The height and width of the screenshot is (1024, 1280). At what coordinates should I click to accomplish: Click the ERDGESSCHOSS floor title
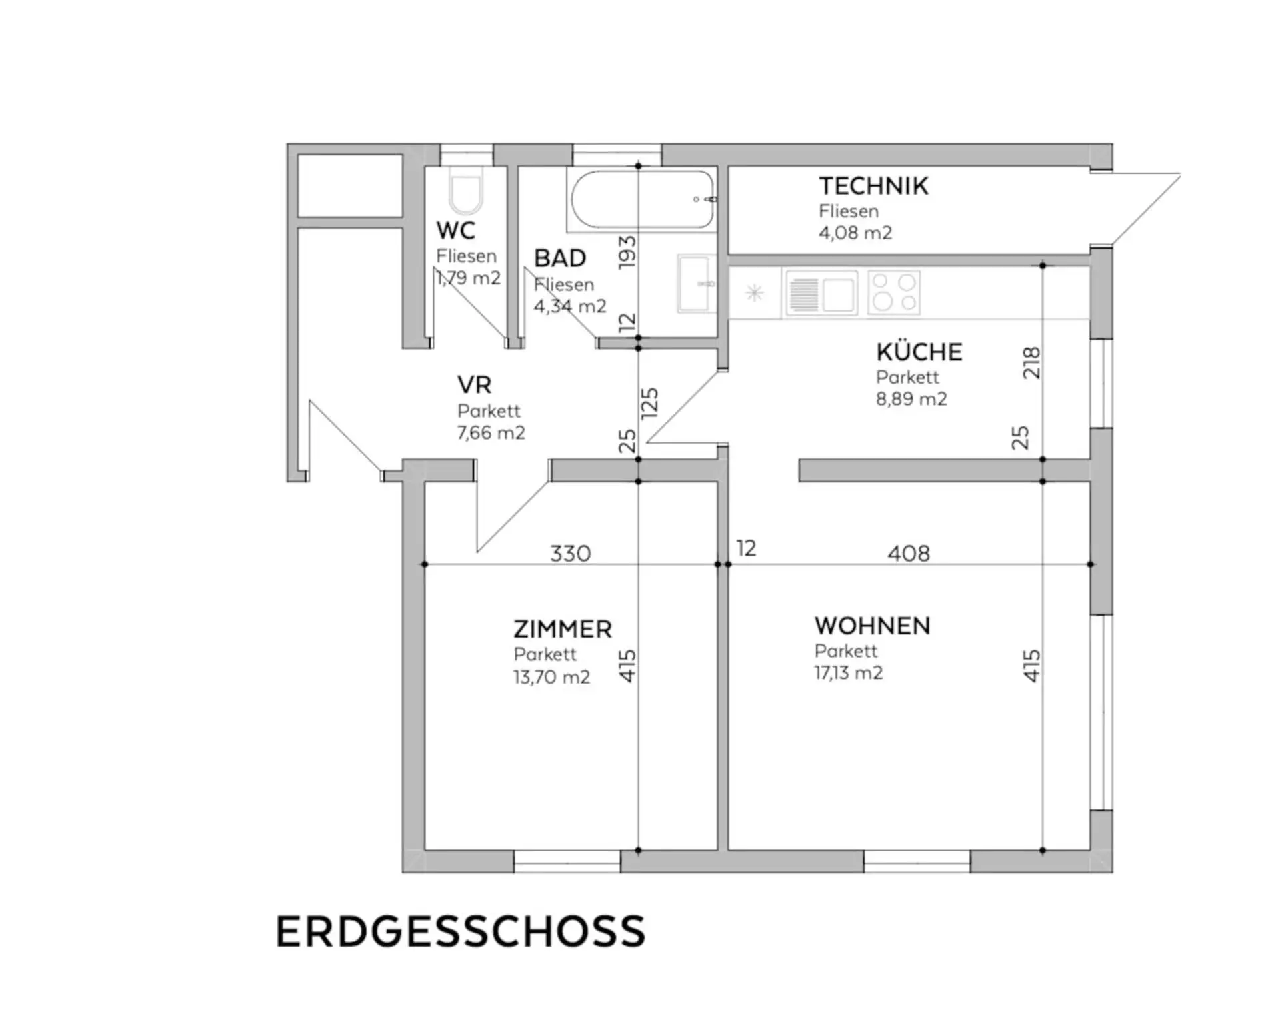(461, 931)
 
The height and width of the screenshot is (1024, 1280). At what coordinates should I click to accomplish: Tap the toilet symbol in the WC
(466, 189)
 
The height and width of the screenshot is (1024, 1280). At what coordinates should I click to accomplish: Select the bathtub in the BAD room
(642, 199)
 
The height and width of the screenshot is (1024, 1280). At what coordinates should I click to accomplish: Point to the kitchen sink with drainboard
(821, 292)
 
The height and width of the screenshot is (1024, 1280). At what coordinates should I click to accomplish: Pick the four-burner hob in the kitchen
(894, 292)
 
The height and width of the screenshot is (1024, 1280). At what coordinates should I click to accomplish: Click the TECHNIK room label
(873, 186)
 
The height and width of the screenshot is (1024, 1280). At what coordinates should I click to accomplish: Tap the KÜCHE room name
(919, 352)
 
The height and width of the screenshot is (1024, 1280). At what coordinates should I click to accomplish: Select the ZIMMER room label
(563, 629)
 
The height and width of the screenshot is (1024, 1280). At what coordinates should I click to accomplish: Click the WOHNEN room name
(872, 626)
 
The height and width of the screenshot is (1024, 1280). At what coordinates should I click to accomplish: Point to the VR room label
(475, 385)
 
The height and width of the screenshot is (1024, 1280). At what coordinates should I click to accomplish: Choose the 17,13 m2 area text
(849, 672)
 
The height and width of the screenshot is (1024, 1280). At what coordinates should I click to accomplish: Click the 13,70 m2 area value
(551, 677)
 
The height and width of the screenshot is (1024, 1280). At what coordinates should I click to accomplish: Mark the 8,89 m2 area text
(911, 399)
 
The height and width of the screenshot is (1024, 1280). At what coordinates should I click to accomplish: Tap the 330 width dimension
(570, 554)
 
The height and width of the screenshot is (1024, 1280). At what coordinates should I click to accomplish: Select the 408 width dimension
(908, 554)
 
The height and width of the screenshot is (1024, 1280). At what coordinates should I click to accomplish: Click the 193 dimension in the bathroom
(627, 252)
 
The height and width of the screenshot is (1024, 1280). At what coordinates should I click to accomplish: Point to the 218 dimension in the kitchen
(1031, 363)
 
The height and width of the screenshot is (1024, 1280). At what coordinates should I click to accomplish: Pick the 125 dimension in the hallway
(649, 403)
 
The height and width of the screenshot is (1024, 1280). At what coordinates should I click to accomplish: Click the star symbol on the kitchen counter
(754, 292)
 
